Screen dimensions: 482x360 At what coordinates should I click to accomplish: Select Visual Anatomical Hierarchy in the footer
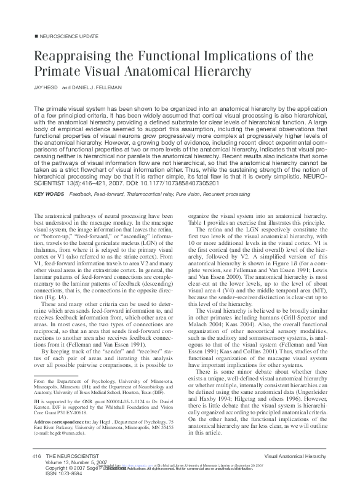coord(298,456)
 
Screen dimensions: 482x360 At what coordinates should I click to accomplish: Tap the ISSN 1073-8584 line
coord(68,475)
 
